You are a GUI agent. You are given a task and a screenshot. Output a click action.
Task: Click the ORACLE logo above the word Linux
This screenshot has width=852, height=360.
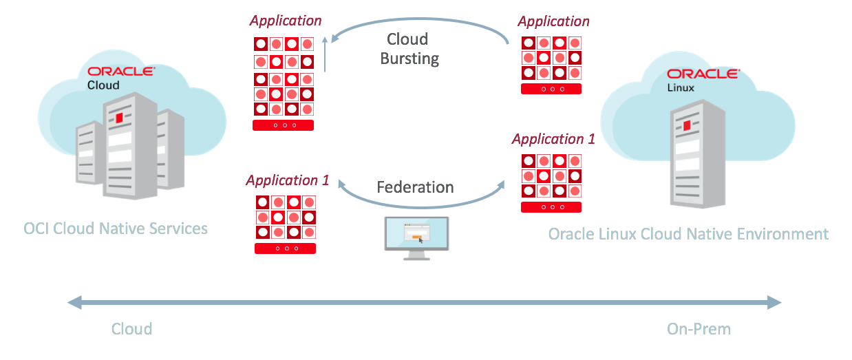coord(703,74)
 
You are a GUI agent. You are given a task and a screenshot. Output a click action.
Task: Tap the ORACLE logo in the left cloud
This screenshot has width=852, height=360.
coord(121,71)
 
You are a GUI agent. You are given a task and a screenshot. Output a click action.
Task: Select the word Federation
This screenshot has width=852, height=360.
coord(415,187)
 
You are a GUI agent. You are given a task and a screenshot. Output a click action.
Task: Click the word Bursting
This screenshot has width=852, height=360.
coord(410,59)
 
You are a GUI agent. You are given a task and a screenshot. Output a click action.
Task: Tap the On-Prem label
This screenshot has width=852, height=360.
coord(699,329)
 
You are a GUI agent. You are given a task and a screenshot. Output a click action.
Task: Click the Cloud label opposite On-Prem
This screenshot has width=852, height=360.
coord(131,329)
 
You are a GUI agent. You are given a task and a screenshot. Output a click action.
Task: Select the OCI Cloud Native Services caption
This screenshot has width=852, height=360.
coord(116,228)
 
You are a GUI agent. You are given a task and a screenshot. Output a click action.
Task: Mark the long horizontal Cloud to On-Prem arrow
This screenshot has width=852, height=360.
coord(425,302)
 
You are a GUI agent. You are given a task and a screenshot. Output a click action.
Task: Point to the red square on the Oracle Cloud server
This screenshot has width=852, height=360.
coord(119,119)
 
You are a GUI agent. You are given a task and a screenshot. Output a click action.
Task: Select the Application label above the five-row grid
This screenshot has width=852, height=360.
coord(286,21)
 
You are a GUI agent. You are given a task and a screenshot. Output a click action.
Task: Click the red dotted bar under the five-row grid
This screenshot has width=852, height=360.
coord(284,125)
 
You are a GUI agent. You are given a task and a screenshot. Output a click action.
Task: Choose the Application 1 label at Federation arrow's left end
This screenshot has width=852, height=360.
coord(288,180)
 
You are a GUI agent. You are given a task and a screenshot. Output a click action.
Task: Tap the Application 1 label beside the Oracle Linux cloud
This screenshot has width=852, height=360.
coord(553,139)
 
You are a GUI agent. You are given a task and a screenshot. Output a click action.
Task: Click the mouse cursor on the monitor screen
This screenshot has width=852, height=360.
coord(420,240)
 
